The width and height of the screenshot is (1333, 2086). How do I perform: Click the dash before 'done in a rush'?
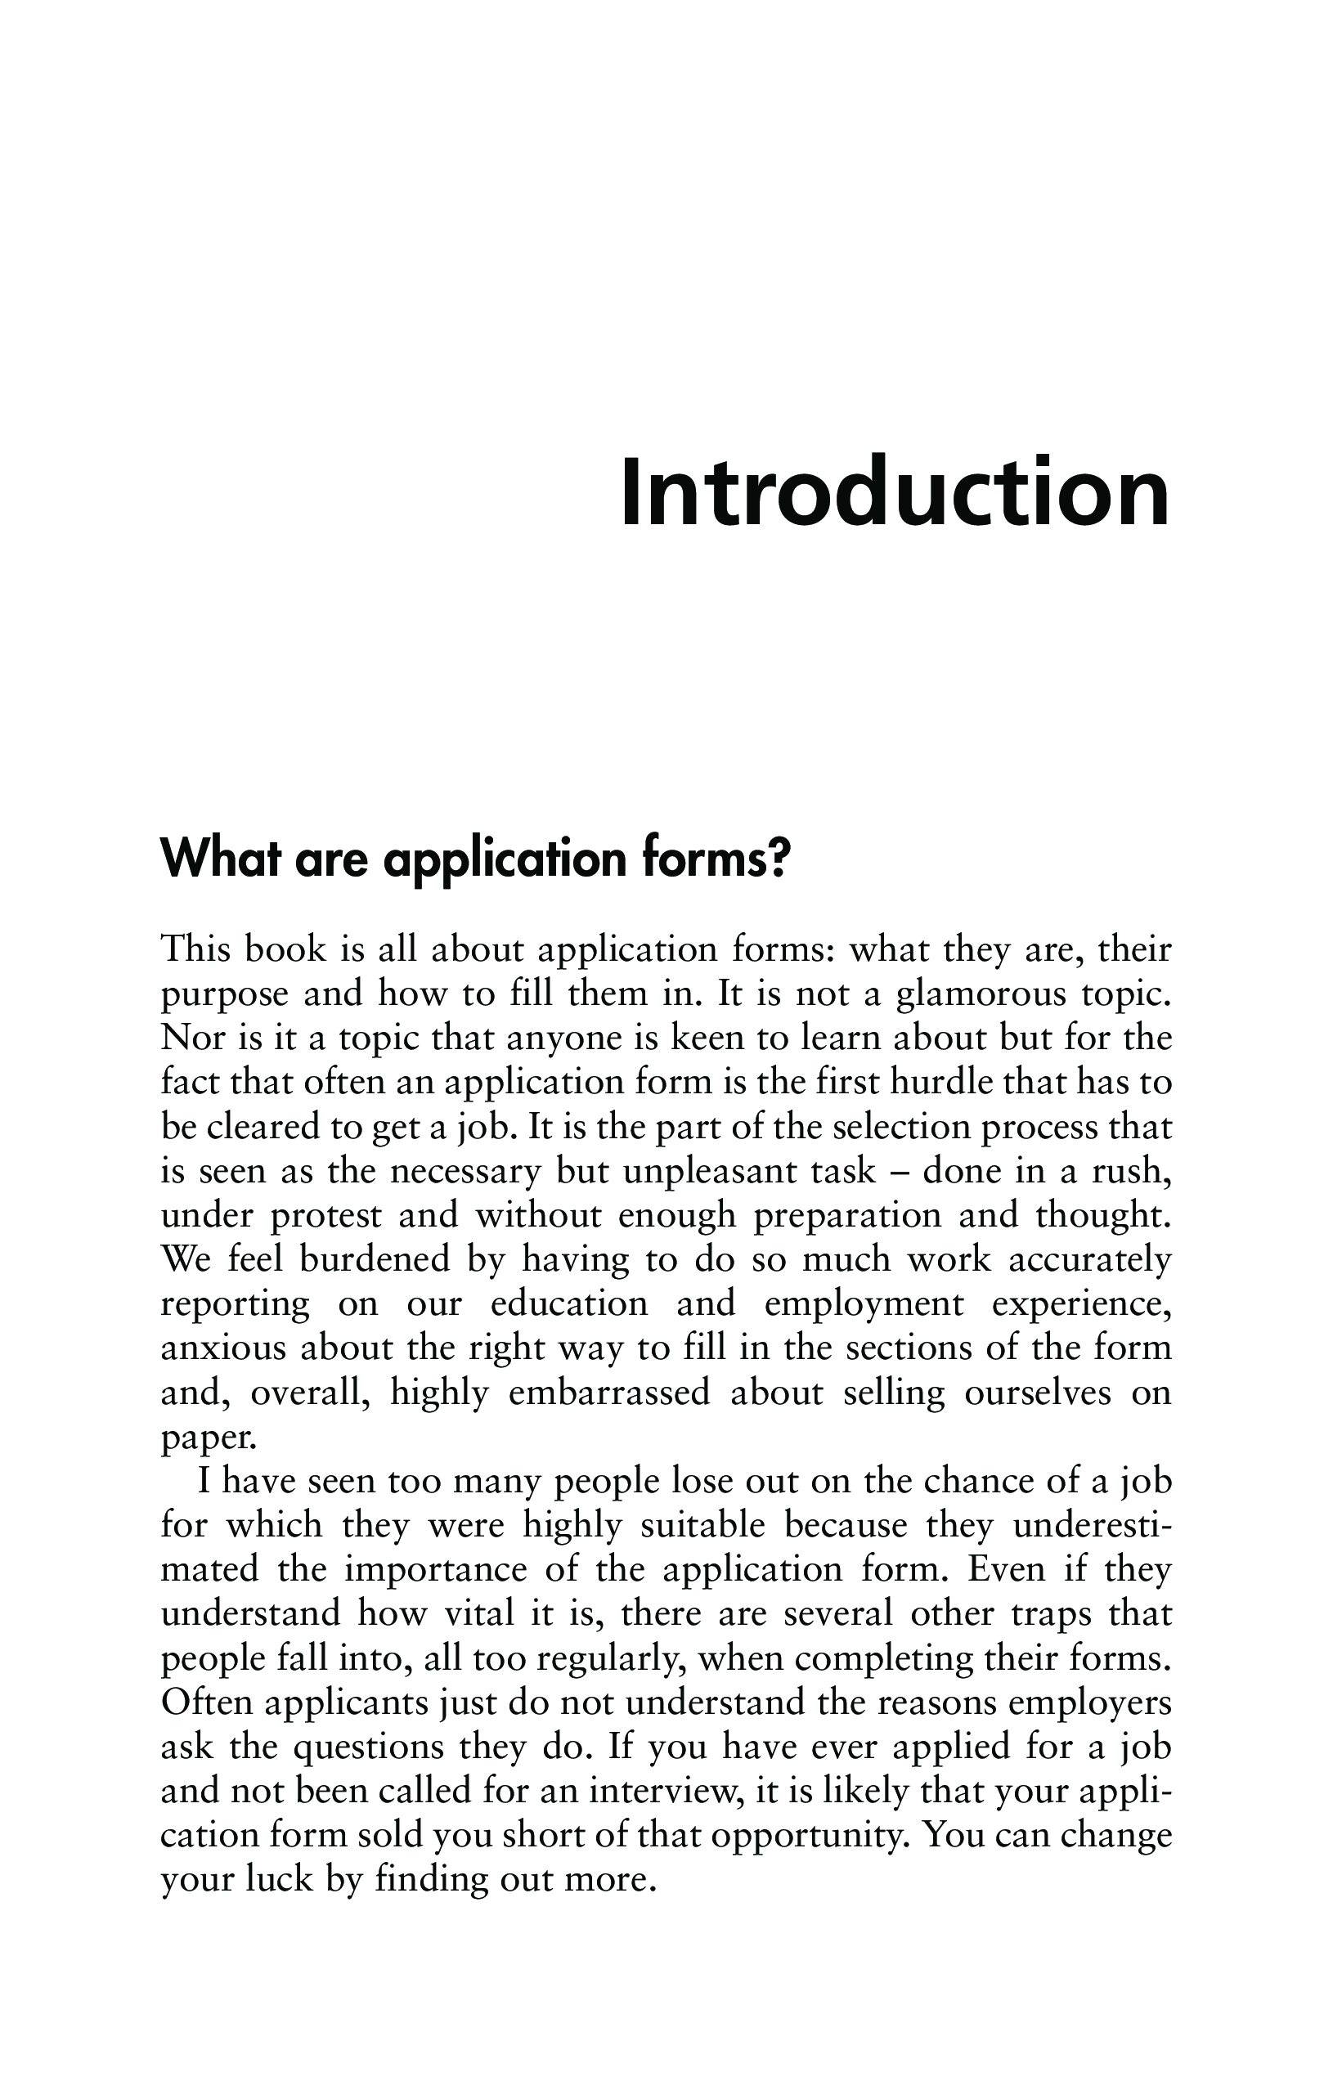pyautogui.click(x=900, y=1172)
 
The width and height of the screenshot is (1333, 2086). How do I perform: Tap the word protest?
pyautogui.click(x=325, y=1216)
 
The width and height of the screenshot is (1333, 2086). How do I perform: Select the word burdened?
pyautogui.click(x=375, y=1260)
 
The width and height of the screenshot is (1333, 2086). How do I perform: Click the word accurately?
pyautogui.click(x=1089, y=1260)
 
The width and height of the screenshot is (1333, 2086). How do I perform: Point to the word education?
pyautogui.click(x=569, y=1304)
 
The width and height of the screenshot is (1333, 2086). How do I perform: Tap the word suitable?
pyautogui.click(x=703, y=1527)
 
